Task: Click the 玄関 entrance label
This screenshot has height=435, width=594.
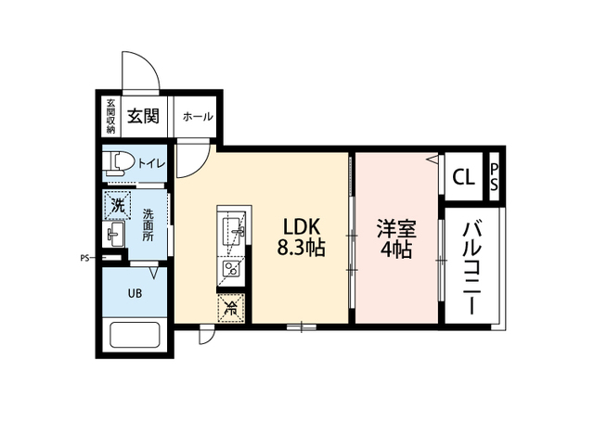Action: pos(143,115)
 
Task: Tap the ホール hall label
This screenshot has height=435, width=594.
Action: pos(198,117)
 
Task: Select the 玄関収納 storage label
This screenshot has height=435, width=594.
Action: pos(110,116)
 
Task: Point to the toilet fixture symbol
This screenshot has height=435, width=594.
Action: pos(119,163)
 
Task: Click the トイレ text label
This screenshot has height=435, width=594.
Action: pos(151,163)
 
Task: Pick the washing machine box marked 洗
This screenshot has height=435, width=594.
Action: pos(118,206)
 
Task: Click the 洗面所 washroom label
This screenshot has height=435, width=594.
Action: pos(148,225)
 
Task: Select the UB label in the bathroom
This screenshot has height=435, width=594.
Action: pos(135,293)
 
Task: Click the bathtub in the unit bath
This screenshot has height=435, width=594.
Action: pos(135,335)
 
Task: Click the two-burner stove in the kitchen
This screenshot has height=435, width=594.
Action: pos(230,268)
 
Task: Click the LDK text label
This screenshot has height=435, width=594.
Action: pos(303,227)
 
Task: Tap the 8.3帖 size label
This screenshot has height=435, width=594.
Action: pos(301,248)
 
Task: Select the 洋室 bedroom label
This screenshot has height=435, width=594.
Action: pos(396,229)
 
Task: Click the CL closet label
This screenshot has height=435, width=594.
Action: pos(464,177)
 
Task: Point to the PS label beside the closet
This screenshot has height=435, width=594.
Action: pos(494,177)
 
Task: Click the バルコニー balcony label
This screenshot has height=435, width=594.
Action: pos(472,268)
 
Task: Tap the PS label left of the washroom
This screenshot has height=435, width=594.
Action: pos(84,259)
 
